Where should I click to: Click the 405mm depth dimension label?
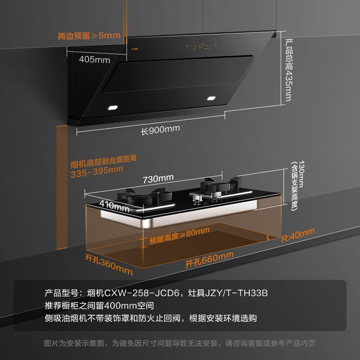tap(94, 60)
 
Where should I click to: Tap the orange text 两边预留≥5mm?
tap(89, 36)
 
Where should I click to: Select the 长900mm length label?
tap(160, 130)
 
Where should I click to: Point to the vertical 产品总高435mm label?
tap(288, 70)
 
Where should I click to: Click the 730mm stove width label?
tap(158, 179)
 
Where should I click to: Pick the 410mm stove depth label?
tap(114, 206)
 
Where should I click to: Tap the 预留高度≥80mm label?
tap(179, 236)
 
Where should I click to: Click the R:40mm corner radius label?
tap(298, 235)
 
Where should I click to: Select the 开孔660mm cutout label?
tap(209, 260)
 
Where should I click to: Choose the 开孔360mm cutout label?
tap(109, 265)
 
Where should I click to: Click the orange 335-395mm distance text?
tap(97, 172)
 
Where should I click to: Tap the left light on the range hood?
tap(113, 108)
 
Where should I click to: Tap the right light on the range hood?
tap(211, 98)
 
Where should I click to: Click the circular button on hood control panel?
tap(201, 46)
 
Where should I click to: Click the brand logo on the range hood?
tap(135, 49)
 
